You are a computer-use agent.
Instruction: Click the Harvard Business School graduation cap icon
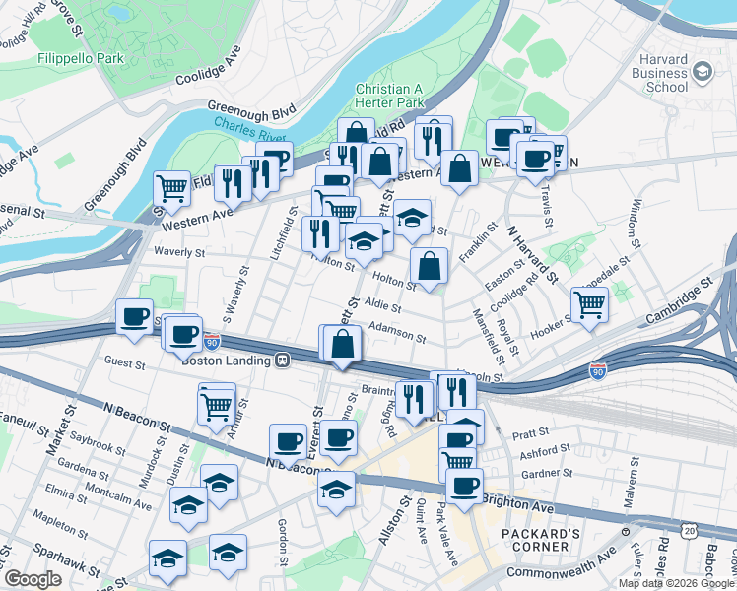click(702, 71)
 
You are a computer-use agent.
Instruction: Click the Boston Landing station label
click(227, 361)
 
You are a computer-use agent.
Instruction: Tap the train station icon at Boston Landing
click(283, 361)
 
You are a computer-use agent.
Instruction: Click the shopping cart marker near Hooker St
click(588, 304)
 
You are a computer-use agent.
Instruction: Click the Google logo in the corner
click(33, 579)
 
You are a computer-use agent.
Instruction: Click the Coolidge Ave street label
click(208, 67)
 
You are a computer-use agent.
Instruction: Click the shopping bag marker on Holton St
click(429, 266)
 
